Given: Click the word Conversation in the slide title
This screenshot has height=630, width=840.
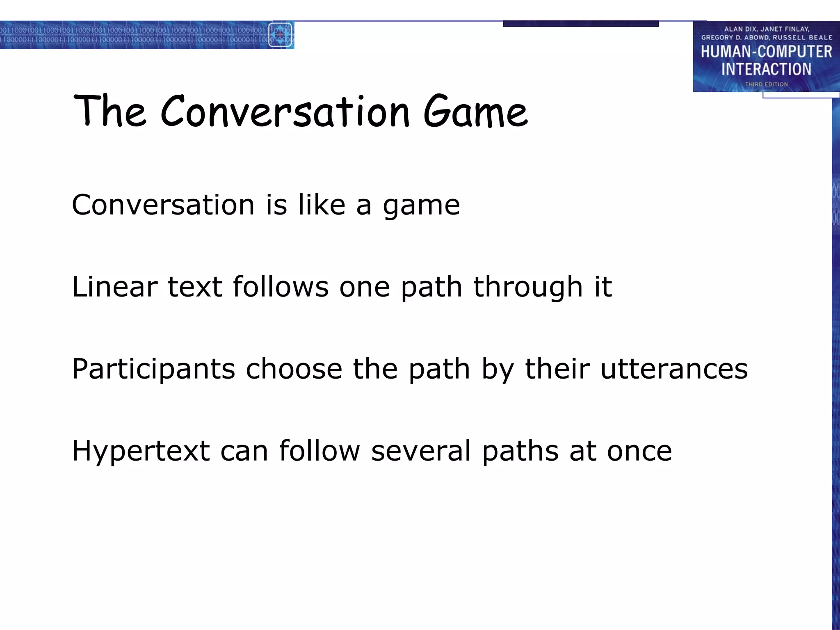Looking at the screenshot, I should coord(285,112).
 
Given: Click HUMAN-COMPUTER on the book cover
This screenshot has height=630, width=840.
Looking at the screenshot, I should coord(766,52).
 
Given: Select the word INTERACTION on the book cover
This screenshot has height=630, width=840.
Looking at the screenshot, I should coord(766,69).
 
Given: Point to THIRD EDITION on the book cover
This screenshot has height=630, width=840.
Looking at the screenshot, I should coord(766,84).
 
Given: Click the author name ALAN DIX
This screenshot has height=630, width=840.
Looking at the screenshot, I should coord(740,29).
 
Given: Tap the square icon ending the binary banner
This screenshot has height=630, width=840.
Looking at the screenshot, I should coord(280,35).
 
